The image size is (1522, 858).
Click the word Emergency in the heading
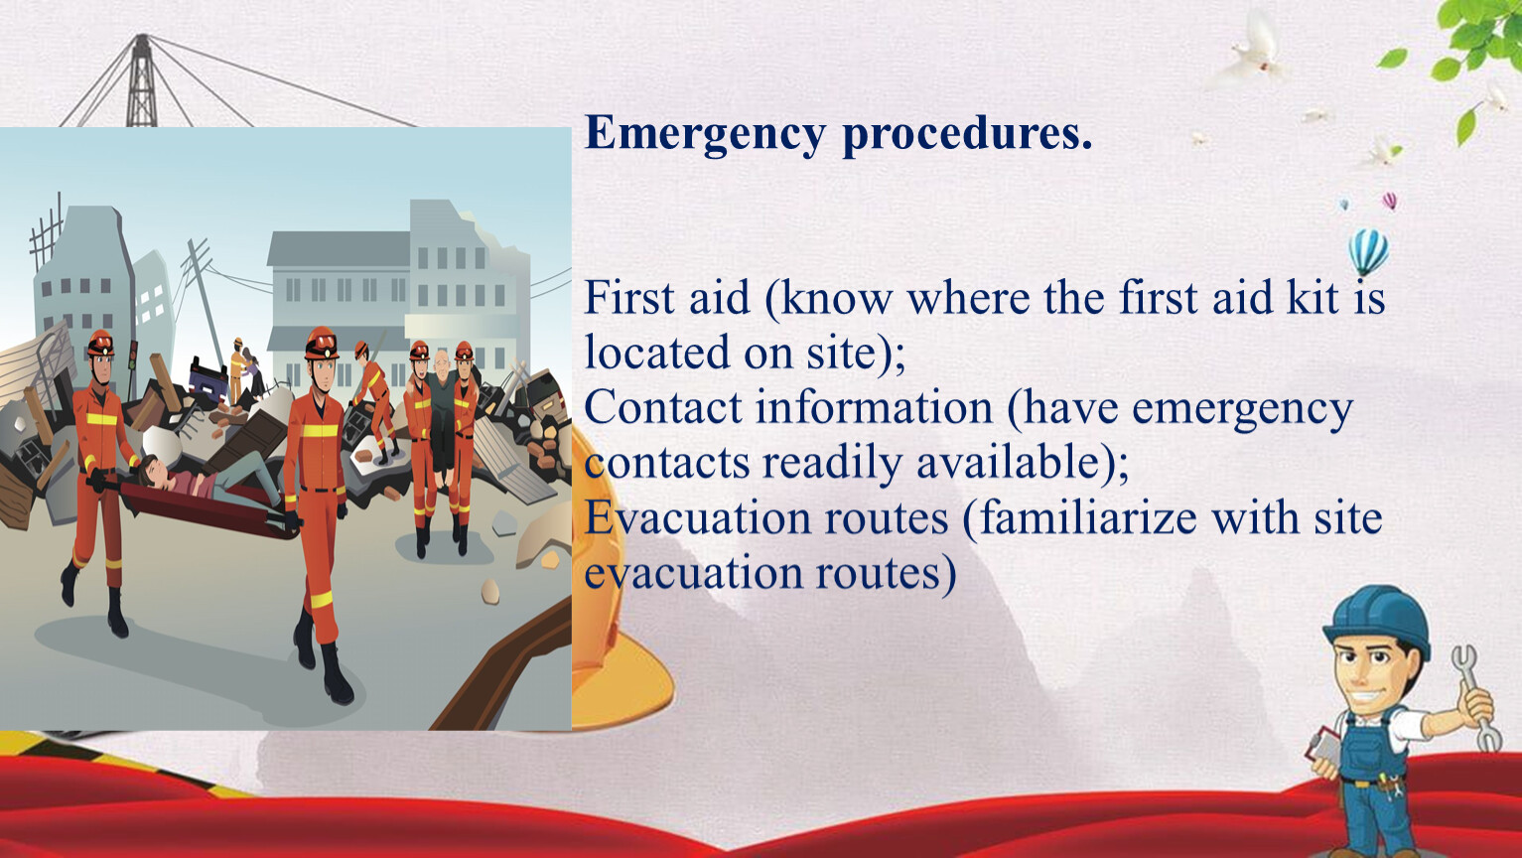coord(705,134)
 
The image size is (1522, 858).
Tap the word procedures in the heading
coord(967,134)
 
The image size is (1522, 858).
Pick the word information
coord(875,407)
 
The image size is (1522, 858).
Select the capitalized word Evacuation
coord(699,518)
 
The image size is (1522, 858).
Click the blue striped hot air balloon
coord(1368,251)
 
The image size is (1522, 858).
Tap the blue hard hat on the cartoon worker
coord(1379,620)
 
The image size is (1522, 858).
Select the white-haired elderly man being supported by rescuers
coord(443,416)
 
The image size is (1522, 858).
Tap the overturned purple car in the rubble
coord(208,378)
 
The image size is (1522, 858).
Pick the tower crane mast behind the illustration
coord(141,80)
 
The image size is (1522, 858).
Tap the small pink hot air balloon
coord(1390,201)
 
